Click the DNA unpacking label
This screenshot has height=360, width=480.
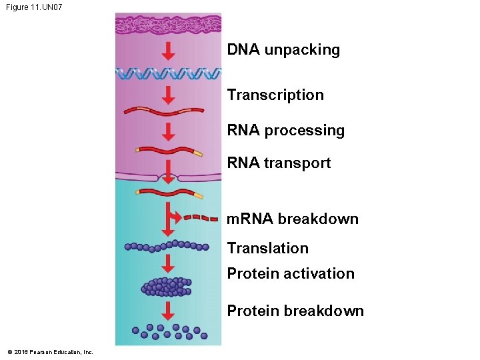click(283, 50)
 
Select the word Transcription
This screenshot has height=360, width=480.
click(275, 95)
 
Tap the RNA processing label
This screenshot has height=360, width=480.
click(286, 131)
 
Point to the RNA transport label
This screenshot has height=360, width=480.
click(279, 163)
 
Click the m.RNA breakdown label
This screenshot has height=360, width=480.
click(293, 219)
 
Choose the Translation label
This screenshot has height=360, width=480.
click(268, 248)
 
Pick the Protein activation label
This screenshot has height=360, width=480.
click(291, 273)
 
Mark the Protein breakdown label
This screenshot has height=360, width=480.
click(295, 311)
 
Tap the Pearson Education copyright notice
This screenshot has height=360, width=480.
click(51, 352)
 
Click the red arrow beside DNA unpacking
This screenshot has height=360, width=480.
click(169, 51)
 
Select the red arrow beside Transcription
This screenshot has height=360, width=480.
click(169, 94)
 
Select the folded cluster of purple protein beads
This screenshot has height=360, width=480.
click(167, 287)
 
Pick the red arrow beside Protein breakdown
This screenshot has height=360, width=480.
click(169, 311)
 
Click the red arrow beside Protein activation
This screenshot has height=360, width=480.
click(169, 263)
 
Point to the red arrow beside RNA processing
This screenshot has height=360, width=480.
click(169, 131)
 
